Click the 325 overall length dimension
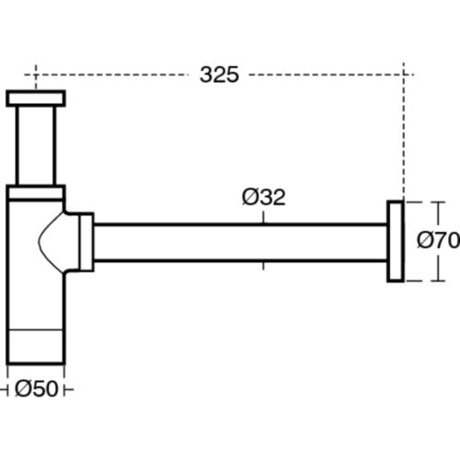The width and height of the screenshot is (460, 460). (x=219, y=75)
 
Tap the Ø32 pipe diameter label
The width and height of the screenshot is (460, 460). (x=264, y=197)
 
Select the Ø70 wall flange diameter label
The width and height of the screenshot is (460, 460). (x=439, y=240)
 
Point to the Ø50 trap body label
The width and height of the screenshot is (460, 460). (x=37, y=389)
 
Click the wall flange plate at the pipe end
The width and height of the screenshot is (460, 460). (x=396, y=241)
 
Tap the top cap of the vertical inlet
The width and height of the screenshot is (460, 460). (x=36, y=98)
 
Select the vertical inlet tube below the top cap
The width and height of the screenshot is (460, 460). (x=36, y=145)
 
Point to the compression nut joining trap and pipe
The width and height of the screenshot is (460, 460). (x=86, y=242)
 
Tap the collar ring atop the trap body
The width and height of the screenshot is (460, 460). (x=36, y=192)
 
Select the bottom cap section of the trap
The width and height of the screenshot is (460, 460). (x=36, y=347)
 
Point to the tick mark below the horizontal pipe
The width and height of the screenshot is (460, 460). (x=263, y=266)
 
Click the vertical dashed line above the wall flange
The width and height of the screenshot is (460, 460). (x=404, y=132)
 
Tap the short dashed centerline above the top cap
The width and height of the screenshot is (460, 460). (x=36, y=77)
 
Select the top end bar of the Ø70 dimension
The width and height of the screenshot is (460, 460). (x=438, y=202)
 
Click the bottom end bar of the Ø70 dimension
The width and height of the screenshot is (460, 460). (x=438, y=281)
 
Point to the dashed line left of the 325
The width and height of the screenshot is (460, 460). (x=106, y=75)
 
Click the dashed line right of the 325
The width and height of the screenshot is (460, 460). (x=331, y=75)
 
